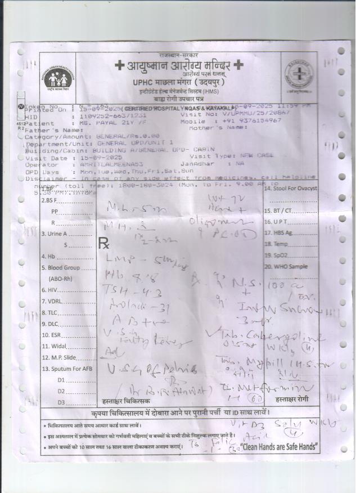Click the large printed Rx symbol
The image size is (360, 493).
point(105,243)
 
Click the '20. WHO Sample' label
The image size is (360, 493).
point(287,266)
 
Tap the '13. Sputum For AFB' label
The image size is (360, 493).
point(66,369)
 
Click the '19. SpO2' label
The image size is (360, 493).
point(276,255)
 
